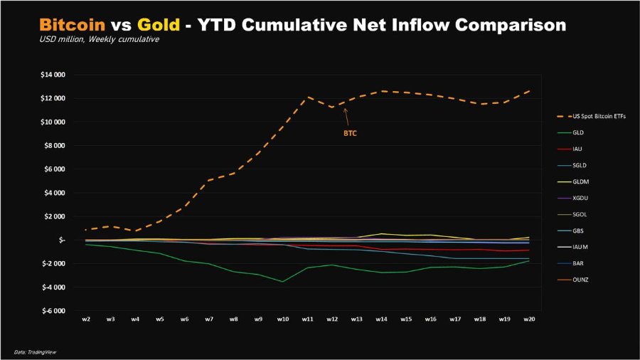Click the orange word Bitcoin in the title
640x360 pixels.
click(73, 25)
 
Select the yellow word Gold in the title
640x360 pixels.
click(159, 25)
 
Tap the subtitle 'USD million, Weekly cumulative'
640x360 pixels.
click(99, 39)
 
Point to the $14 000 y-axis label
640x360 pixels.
click(53, 75)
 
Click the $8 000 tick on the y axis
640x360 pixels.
click(54, 146)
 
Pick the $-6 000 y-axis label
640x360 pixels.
click(53, 311)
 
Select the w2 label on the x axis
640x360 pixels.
click(86, 319)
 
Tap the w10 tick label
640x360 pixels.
click(283, 319)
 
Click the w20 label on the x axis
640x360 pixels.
click(529, 319)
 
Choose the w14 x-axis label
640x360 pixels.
click(381, 319)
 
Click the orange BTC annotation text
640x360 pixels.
click(350, 134)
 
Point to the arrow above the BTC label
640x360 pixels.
click(346, 117)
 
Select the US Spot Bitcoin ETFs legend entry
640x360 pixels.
click(591, 117)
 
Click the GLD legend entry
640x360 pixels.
click(570, 132)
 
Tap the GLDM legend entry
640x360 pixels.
click(573, 181)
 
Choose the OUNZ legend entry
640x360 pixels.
click(572, 280)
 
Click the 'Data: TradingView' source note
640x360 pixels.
click(35, 352)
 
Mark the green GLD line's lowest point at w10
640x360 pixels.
click(282, 281)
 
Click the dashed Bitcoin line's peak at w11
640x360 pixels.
click(307, 97)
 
